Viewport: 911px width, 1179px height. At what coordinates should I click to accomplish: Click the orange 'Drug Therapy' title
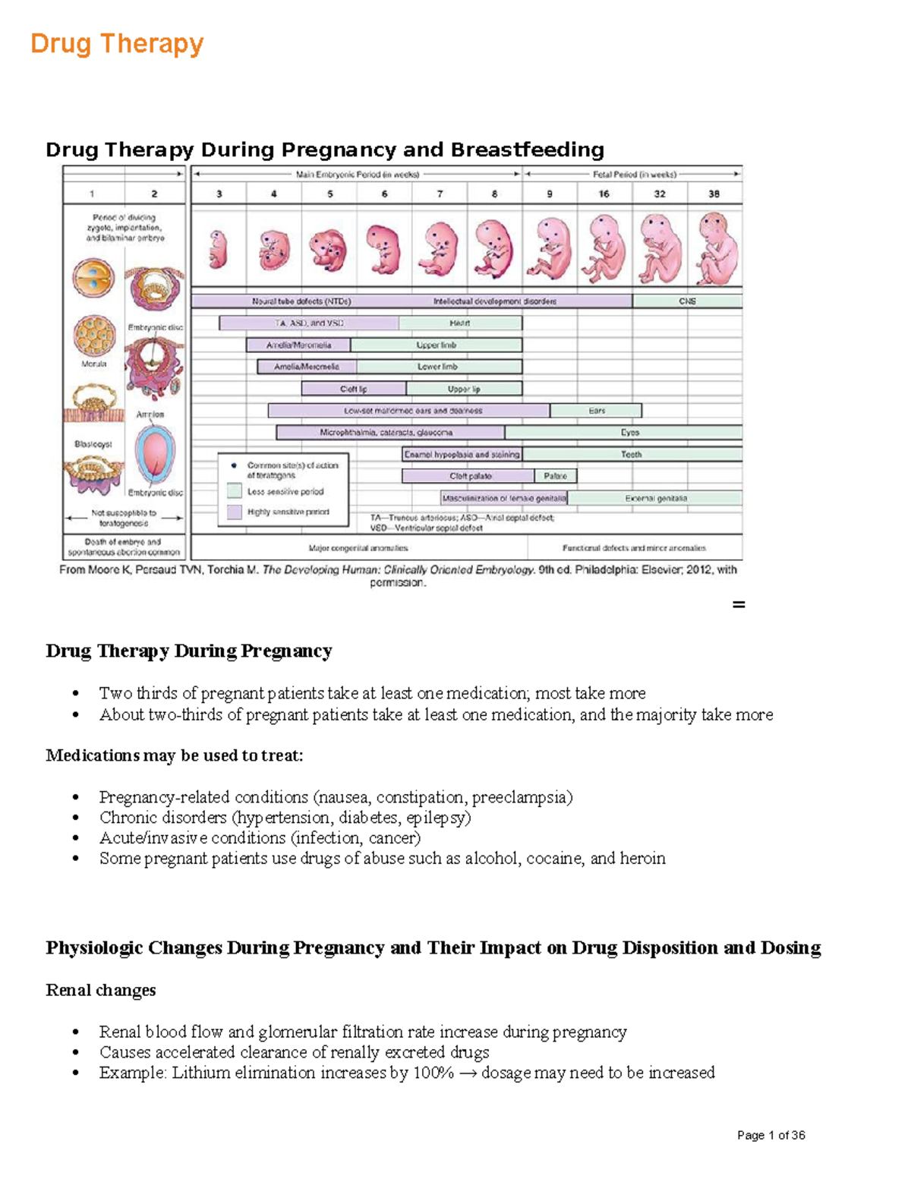(117, 44)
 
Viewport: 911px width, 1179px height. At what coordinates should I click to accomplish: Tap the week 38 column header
(714, 194)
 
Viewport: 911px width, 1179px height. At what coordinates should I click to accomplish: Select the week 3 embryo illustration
(219, 249)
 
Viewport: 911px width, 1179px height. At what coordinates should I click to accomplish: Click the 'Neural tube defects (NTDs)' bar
(301, 301)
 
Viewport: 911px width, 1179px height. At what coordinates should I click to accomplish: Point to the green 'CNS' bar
(687, 301)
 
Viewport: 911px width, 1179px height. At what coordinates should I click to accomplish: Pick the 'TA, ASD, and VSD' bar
(309, 323)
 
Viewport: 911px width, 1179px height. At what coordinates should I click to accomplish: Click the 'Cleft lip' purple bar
(354, 389)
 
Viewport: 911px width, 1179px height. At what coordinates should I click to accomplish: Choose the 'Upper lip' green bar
(464, 389)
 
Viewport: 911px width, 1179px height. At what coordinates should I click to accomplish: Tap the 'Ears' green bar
(597, 411)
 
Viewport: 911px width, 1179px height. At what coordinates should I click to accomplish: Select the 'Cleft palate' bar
(469, 476)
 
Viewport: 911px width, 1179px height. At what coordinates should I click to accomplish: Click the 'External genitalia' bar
(655, 498)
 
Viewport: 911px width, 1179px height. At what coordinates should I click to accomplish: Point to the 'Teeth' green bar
(632, 454)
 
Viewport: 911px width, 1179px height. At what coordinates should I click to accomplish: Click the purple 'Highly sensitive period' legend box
(235, 512)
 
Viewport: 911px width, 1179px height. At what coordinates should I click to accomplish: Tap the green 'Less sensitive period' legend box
(235, 491)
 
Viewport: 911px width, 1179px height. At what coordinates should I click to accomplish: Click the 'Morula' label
(94, 364)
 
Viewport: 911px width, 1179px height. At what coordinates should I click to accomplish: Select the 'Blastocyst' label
(93, 444)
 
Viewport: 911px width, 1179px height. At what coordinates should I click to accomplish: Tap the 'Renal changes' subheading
(101, 990)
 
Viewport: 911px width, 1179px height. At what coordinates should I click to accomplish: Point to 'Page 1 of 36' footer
(771, 1135)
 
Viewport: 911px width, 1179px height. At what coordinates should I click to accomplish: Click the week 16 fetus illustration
(604, 249)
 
